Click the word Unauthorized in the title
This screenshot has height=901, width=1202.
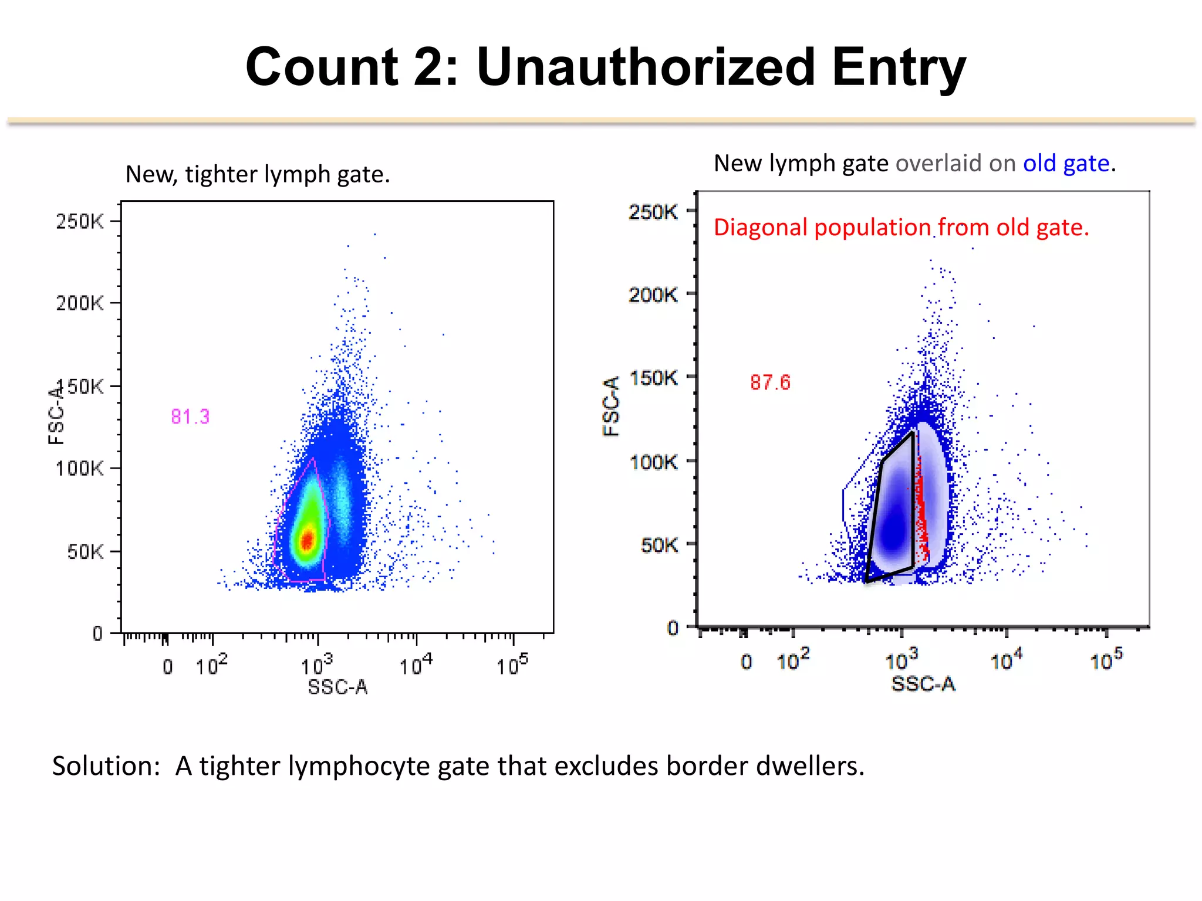[646, 67]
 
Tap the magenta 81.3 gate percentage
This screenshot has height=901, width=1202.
[190, 416]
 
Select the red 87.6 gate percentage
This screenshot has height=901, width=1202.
[770, 382]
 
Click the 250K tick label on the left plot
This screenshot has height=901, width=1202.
[80, 221]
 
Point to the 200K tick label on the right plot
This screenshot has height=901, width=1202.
[653, 294]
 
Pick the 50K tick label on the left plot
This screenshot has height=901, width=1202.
[85, 551]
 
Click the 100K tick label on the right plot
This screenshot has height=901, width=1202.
[653, 462]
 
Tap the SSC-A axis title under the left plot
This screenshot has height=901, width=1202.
[337, 687]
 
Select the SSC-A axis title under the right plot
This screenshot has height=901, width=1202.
[923, 684]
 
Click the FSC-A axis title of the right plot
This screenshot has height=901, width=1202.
[611, 406]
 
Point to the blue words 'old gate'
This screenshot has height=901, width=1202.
[1066, 163]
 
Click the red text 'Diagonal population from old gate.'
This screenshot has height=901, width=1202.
[901, 228]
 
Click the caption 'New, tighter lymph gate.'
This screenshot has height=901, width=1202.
[258, 174]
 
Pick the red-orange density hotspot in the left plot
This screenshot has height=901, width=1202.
[307, 539]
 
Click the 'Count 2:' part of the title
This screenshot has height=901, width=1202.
[351, 67]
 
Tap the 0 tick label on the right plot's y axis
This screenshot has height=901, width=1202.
[673, 628]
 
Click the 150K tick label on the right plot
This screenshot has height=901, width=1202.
[653, 378]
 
